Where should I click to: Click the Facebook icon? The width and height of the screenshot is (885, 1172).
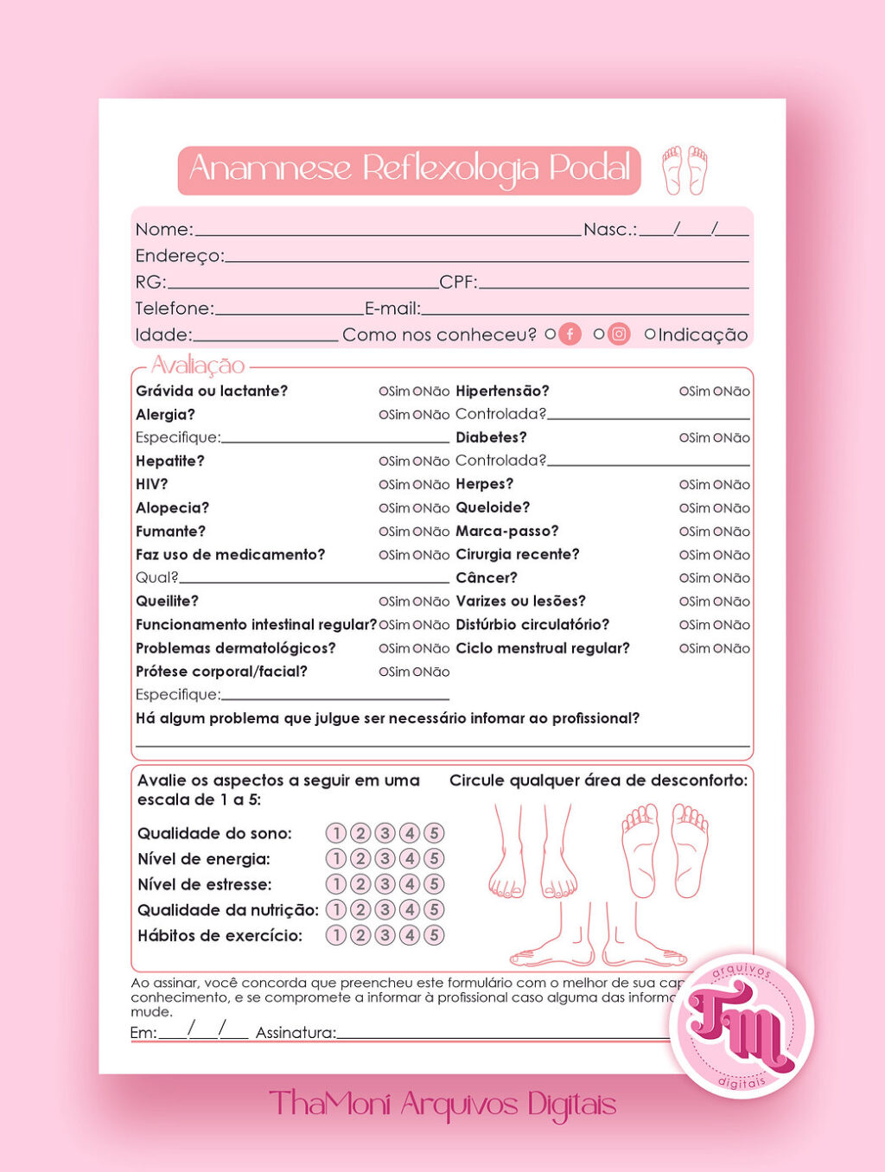[x=570, y=334]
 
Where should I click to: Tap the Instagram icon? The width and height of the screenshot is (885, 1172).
[x=619, y=334]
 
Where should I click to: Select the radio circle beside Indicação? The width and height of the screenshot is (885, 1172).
[x=650, y=334]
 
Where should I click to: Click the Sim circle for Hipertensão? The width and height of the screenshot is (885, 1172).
[x=683, y=392]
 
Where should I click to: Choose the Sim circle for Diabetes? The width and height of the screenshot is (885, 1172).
[x=683, y=438]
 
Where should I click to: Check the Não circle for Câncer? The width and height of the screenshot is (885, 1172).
[x=717, y=578]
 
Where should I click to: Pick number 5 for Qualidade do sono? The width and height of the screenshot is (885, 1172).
[x=434, y=833]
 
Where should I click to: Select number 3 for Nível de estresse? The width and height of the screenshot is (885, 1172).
[x=385, y=884]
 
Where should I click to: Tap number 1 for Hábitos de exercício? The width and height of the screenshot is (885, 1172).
[x=335, y=935]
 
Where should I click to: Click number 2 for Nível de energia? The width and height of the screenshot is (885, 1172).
[x=360, y=859]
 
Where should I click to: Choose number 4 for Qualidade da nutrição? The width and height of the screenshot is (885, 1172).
[x=410, y=910]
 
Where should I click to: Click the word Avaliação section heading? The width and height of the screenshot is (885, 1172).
[x=198, y=366]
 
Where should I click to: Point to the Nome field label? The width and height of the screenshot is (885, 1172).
[x=163, y=230]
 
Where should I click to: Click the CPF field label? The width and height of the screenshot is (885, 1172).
[x=457, y=283]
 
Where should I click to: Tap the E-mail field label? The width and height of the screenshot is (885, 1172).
[x=392, y=309]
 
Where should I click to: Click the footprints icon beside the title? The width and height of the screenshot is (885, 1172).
[x=684, y=169]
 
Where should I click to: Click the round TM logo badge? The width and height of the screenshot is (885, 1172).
[x=741, y=1025]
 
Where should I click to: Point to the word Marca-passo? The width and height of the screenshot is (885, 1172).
[x=507, y=532]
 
